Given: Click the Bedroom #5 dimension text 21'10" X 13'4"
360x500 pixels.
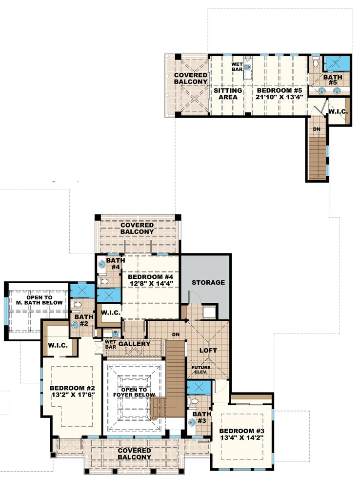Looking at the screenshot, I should (x=280, y=97).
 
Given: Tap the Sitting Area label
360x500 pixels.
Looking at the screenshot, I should (x=228, y=94).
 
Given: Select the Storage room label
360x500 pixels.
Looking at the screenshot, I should (x=208, y=282).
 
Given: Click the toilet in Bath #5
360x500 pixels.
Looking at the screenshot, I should (x=316, y=63).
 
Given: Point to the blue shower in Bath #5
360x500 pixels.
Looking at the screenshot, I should (x=339, y=63).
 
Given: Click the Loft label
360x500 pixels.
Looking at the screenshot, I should (x=208, y=350).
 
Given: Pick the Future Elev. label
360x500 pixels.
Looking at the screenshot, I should (x=200, y=369).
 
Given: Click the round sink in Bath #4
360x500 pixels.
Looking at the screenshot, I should (x=101, y=264).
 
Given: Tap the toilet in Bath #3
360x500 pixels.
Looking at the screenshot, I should (x=194, y=401).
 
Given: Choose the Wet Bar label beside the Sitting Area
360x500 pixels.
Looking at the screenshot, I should (x=237, y=67).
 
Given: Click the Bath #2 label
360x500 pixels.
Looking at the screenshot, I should (x=80, y=320).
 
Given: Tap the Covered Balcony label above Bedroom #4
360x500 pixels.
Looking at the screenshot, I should (x=137, y=228).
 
